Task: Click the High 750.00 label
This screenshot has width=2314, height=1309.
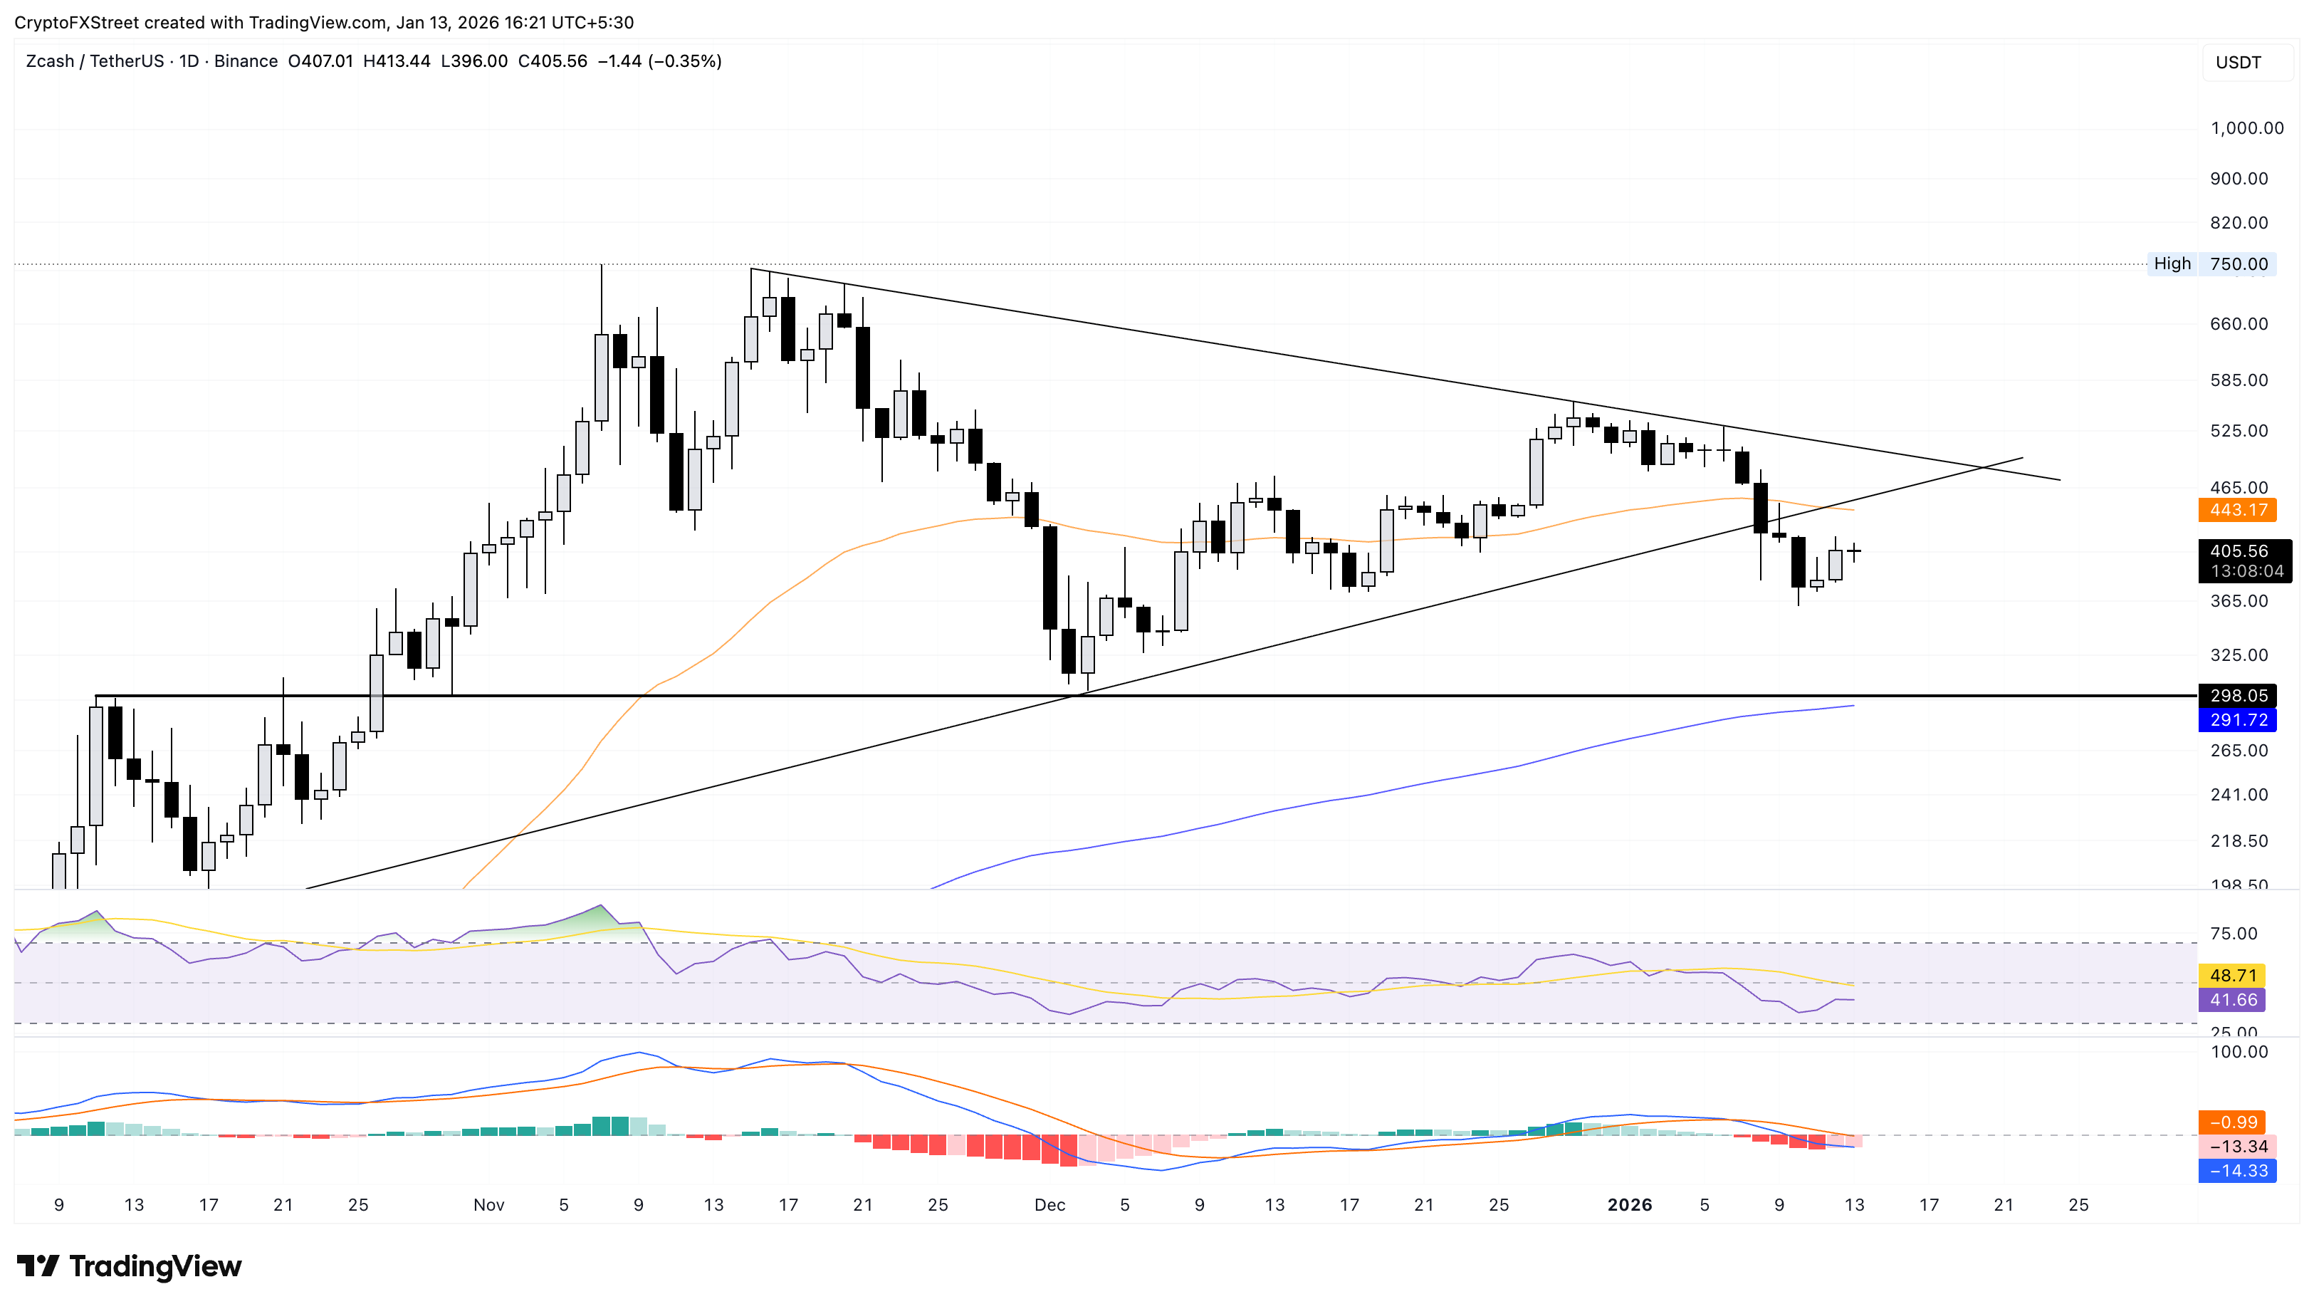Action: point(2211,264)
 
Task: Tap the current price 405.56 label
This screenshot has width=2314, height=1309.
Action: point(2239,551)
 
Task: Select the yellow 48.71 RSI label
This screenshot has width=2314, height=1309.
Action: point(2232,976)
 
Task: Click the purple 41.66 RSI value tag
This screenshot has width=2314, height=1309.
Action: point(2232,1000)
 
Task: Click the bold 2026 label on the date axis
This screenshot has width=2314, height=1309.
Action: point(1628,1205)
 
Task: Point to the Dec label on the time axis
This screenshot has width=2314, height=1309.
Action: point(1049,1205)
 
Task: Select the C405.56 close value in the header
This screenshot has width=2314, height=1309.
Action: point(553,61)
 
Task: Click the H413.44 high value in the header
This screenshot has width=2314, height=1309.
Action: point(397,61)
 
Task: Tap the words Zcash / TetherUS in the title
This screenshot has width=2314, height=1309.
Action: point(95,61)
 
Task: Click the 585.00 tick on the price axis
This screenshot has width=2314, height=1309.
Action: point(2239,380)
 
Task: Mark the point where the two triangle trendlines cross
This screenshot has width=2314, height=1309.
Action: point(1984,467)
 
